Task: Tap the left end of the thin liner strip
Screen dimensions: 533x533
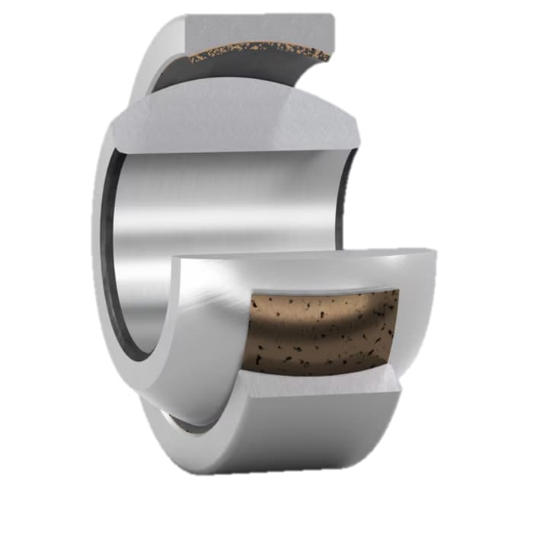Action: pyautogui.click(x=190, y=59)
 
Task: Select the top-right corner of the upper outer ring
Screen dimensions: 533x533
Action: pyautogui.click(x=331, y=15)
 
